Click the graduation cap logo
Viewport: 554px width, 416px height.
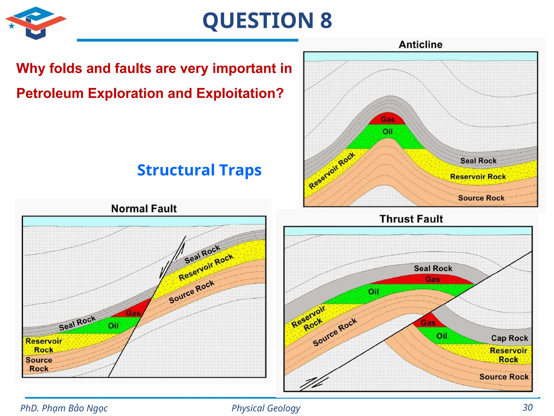click(x=36, y=23)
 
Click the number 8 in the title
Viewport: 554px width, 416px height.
click(x=326, y=21)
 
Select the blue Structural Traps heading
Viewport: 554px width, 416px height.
click(x=199, y=170)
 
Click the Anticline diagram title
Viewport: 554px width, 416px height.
click(x=420, y=45)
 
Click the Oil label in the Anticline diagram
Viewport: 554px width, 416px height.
click(x=387, y=132)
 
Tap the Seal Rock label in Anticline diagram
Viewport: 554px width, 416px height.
click(x=478, y=161)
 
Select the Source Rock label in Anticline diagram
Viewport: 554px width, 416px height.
click(x=481, y=198)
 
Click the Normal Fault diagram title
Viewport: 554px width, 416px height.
click(x=144, y=209)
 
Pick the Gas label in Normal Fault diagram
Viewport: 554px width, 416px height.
click(x=133, y=313)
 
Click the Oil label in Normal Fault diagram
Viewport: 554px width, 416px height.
click(x=113, y=326)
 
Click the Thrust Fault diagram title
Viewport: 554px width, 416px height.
click(x=411, y=219)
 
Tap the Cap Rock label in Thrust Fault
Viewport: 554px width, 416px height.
click(x=509, y=338)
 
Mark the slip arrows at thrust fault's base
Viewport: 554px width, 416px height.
click(x=314, y=383)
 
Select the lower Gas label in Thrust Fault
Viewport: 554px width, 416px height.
click(x=428, y=323)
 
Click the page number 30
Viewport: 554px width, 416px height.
click(x=527, y=408)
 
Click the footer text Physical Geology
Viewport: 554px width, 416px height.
click(x=266, y=408)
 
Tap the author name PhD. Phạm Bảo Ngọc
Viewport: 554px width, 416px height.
click(x=64, y=408)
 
